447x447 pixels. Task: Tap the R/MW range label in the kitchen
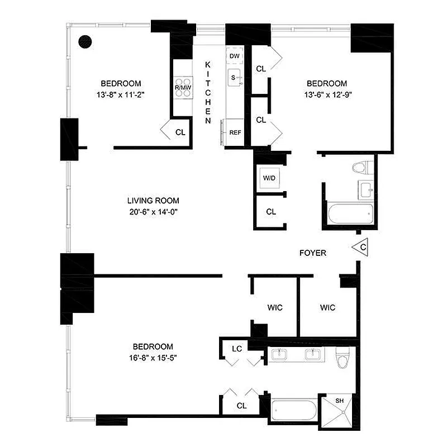[x=182, y=88]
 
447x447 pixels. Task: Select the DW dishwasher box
[x=234, y=56]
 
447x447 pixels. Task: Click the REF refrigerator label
[x=235, y=132]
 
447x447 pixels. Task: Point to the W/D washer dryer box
[x=269, y=178]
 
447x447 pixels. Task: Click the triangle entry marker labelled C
[x=362, y=246]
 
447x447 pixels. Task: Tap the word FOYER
[x=312, y=253]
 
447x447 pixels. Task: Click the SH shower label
[x=340, y=401]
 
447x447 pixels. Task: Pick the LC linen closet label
[x=237, y=349]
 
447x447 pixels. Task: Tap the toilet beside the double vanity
[x=342, y=357]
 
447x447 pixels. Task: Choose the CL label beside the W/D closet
[x=271, y=212]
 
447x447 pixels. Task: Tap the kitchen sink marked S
[x=235, y=77]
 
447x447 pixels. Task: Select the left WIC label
[x=274, y=307]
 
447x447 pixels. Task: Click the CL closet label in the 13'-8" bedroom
[x=180, y=132]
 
